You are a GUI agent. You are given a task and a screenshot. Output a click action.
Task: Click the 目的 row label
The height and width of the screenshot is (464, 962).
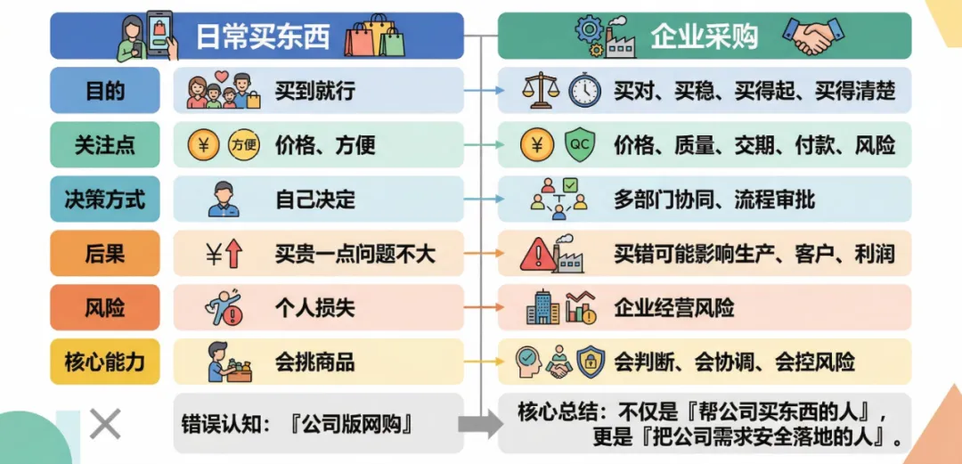[105, 91]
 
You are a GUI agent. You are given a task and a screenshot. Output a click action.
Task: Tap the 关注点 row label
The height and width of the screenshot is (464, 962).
[105, 145]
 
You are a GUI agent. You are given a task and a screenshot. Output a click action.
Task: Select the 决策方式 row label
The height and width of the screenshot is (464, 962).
[105, 199]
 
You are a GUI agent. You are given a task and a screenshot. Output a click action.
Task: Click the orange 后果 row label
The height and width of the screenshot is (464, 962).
[105, 254]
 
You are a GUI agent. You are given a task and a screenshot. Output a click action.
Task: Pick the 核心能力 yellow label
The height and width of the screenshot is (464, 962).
[105, 362]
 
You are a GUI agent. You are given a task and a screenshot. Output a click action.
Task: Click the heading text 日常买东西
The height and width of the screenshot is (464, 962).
[263, 37]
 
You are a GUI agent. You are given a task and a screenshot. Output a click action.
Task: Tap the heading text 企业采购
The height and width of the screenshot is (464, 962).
[704, 37]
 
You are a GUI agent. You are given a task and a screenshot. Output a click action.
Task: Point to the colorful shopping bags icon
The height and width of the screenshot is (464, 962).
[373, 37]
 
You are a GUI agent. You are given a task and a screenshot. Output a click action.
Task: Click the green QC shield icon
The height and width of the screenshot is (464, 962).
[579, 145]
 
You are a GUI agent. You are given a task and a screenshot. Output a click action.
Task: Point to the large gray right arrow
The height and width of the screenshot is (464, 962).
[486, 425]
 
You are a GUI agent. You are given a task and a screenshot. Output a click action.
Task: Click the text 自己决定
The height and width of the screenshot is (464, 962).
[314, 199]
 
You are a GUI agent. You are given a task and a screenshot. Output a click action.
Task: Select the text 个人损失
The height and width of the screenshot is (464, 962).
[314, 308]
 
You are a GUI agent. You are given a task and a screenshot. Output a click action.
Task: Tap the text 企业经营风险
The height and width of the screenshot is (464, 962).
[674, 308]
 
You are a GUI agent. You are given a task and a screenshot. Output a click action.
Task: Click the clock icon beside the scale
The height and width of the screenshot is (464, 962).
[585, 91]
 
